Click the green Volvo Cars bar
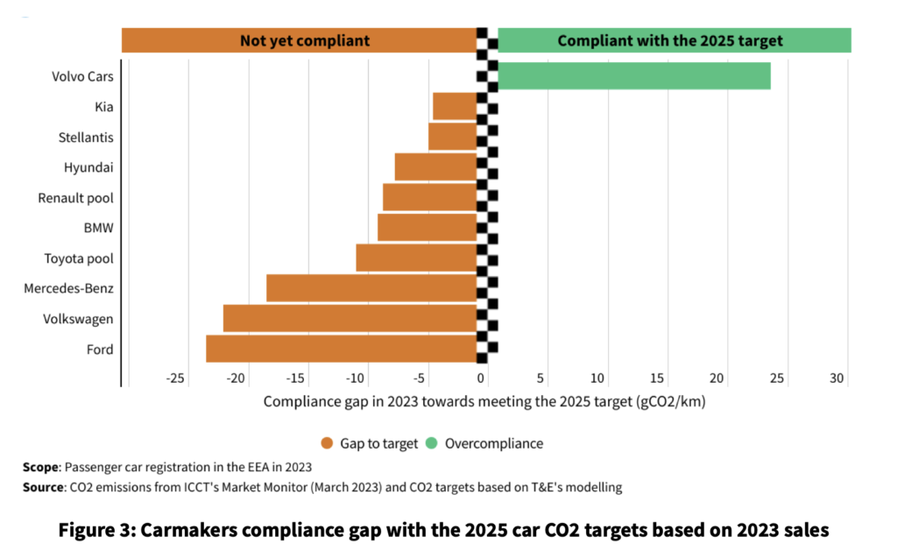click(634, 76)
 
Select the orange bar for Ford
click(341, 349)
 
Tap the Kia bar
click(455, 107)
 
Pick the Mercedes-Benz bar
click(371, 288)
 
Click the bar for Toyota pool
click(416, 258)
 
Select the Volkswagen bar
click(350, 318)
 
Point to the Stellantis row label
click(86, 138)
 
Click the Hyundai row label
click(88, 167)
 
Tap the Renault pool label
click(76, 198)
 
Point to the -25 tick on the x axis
click(175, 378)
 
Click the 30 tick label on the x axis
click(837, 378)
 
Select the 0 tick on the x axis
click(482, 378)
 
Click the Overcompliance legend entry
click(493, 443)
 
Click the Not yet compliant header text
click(304, 40)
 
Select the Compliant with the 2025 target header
click(670, 40)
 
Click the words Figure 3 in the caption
click(97, 530)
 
